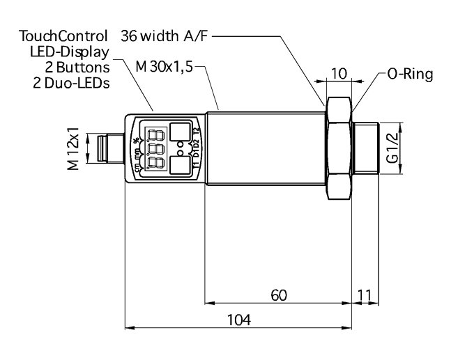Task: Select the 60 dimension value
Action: point(278,295)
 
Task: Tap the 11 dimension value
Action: point(364,295)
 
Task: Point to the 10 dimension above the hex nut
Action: point(339,73)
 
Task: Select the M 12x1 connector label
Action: point(72,148)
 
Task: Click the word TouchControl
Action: point(63,36)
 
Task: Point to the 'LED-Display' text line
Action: point(68,52)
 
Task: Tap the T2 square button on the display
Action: point(181,132)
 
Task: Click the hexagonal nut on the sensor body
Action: point(339,148)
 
